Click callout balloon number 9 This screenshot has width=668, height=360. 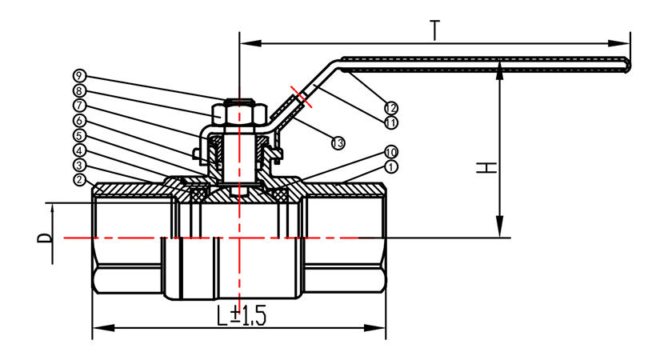point(78,75)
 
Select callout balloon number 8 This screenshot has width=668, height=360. point(78,90)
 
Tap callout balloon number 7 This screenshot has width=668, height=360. point(78,105)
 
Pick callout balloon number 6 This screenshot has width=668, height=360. point(78,120)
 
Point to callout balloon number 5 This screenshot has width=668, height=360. point(78,135)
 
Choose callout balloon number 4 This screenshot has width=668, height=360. point(78,150)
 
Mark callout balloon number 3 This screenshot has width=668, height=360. point(78,165)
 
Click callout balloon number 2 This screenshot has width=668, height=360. point(78,180)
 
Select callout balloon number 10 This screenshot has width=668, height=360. point(390,152)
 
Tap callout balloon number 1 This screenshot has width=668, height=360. point(390,166)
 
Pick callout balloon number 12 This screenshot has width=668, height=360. point(390,107)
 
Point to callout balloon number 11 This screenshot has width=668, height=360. point(390,122)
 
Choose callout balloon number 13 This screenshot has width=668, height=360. point(338,142)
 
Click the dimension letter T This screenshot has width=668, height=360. point(435,30)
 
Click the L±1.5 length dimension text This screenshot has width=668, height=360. point(241,315)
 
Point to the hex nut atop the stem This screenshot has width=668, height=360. point(238,114)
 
